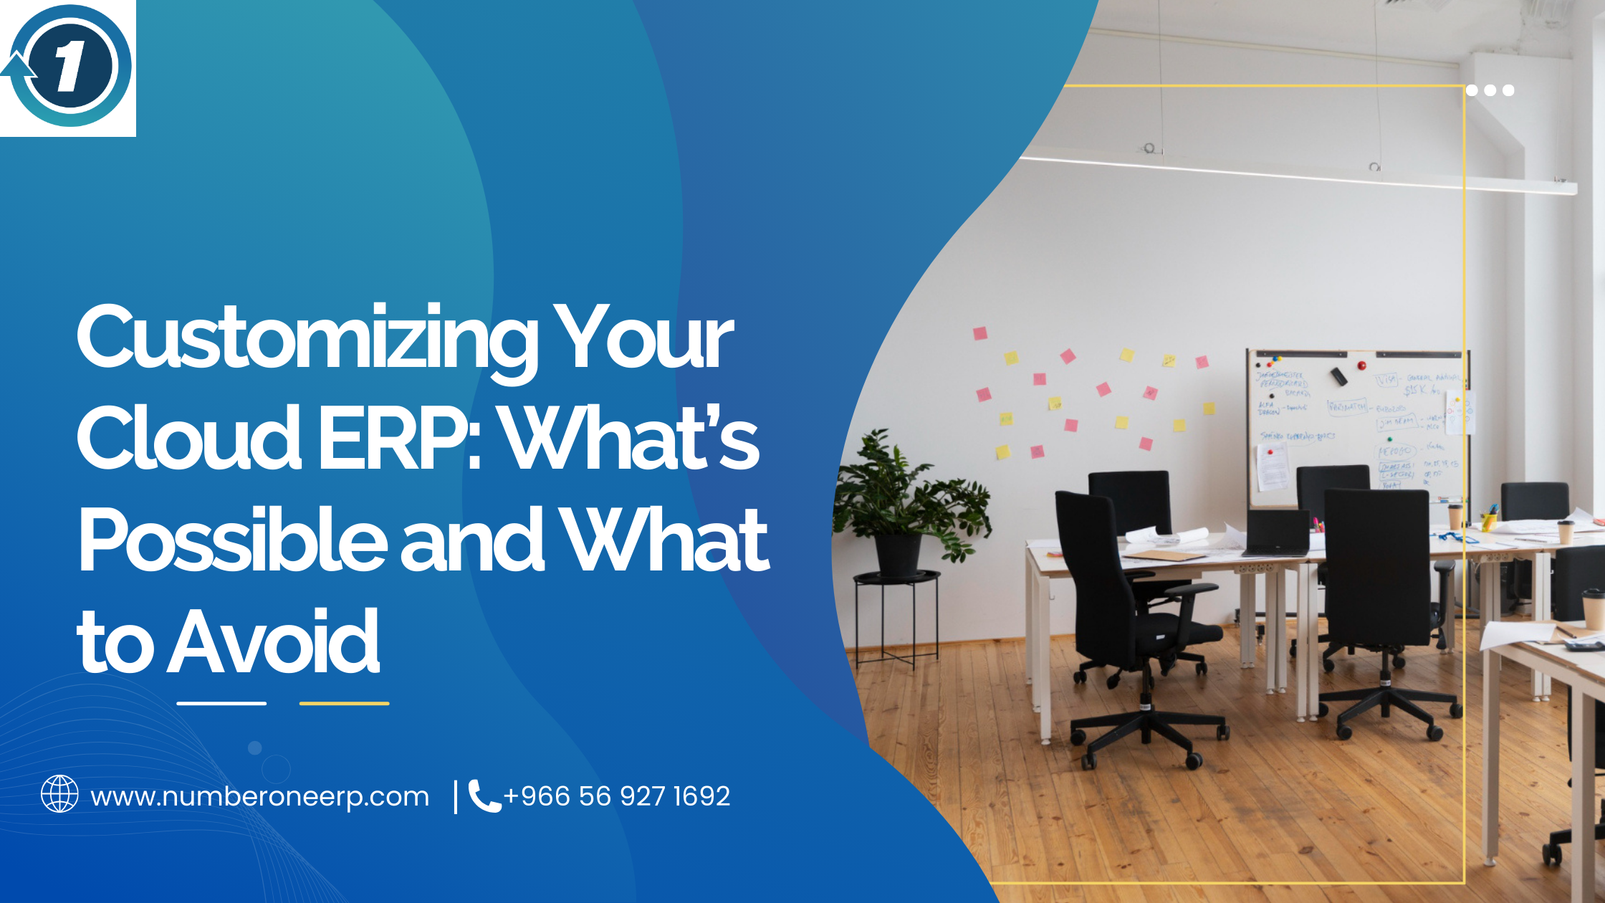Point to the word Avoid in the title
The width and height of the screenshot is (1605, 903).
(x=273, y=641)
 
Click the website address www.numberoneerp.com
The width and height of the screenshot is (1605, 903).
(x=260, y=796)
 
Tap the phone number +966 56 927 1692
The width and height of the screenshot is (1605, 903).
(x=617, y=796)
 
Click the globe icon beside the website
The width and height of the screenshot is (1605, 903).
(x=59, y=794)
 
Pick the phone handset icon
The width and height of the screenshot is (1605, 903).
(x=484, y=796)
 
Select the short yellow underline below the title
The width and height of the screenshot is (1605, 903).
(x=344, y=703)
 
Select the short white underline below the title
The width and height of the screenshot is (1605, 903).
(x=221, y=703)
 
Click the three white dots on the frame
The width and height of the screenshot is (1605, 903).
(x=1490, y=90)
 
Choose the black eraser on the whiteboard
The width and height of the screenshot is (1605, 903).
(x=1338, y=376)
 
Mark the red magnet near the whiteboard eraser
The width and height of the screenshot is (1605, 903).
(x=1361, y=365)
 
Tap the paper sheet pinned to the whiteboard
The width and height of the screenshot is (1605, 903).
(x=1273, y=466)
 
